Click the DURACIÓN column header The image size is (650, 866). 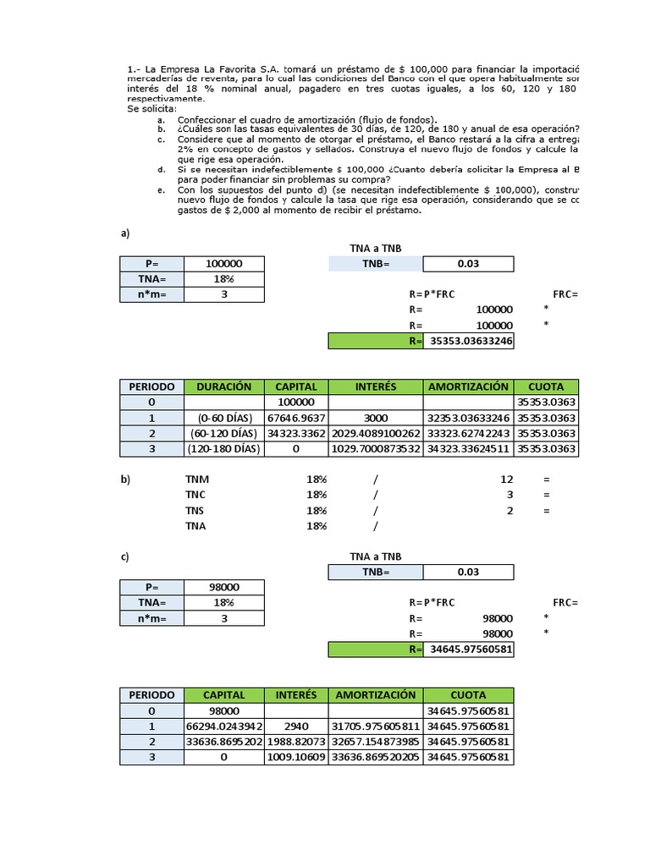[x=224, y=386]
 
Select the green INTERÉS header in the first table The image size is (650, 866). [x=376, y=386]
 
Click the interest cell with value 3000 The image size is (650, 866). [x=376, y=418]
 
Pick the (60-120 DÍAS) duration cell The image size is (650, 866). [x=224, y=433]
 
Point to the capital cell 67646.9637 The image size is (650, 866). [x=296, y=418]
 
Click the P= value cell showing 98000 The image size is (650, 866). [x=224, y=588]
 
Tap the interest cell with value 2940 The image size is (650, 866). [x=296, y=726]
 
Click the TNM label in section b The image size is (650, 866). [x=196, y=479]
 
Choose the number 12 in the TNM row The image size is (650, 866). [x=507, y=479]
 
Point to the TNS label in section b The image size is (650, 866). [x=196, y=510]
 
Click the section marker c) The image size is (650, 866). [x=125, y=556]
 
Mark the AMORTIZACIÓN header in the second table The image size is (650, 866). [x=376, y=694]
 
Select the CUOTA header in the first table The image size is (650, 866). [x=546, y=386]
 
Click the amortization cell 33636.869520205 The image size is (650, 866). [x=376, y=758]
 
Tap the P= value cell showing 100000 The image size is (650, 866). [x=224, y=264]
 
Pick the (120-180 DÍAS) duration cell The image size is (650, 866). [x=224, y=449]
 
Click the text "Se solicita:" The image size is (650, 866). [x=152, y=109]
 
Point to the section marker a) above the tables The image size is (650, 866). [x=125, y=233]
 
